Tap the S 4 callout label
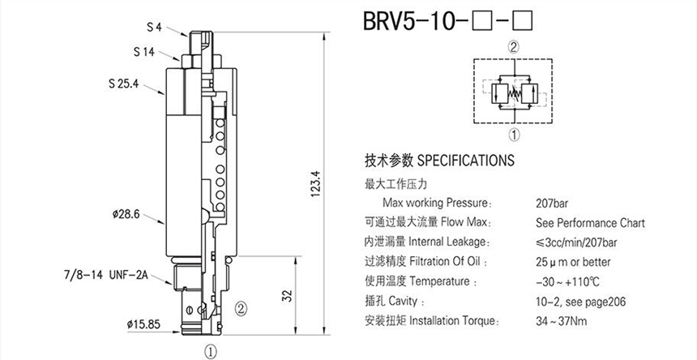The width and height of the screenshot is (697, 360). [155, 27]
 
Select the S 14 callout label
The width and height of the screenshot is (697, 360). [144, 51]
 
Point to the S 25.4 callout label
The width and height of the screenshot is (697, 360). [126, 82]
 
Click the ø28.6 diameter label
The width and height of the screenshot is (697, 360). [127, 214]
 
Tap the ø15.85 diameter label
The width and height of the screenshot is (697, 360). [143, 324]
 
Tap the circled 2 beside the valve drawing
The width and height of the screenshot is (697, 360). [241, 307]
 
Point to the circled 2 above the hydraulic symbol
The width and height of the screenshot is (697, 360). [512, 47]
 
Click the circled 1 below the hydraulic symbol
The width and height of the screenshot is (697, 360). [512, 135]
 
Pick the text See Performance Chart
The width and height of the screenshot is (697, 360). [590, 222]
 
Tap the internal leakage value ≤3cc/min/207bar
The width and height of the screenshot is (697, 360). [577, 242]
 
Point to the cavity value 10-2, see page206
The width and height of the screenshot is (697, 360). [579, 302]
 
